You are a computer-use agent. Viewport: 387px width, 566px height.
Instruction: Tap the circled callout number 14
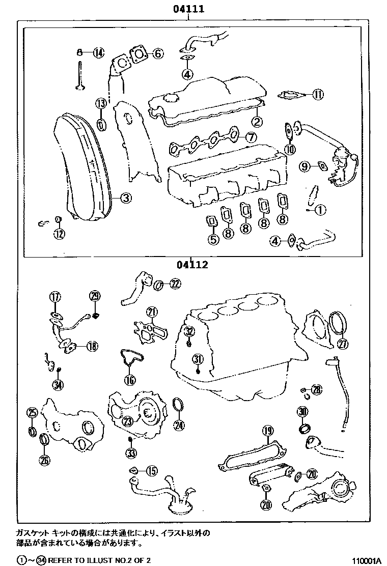[x=98, y=52]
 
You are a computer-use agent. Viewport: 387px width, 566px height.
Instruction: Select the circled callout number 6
[x=157, y=53]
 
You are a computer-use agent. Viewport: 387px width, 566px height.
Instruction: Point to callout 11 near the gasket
[x=318, y=94]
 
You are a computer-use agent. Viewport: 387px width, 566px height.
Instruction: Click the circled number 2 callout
[x=257, y=121]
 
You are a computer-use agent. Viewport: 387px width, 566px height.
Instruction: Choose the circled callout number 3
[x=126, y=199]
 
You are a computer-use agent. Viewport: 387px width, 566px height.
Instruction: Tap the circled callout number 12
[x=60, y=234]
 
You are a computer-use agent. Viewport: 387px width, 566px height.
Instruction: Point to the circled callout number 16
[x=130, y=379]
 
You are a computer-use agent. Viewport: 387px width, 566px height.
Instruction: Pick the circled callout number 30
[x=303, y=412]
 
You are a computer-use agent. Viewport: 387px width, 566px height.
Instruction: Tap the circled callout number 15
[x=151, y=471]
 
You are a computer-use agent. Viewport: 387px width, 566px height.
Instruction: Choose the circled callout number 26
[x=45, y=461]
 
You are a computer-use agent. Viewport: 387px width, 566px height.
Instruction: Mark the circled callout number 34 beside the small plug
[x=59, y=385]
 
